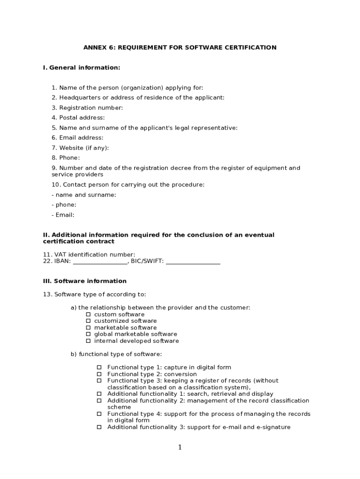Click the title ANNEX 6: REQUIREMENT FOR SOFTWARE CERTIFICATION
coord(180,48)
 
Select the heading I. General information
coord(81,68)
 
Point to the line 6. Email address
coord(78,138)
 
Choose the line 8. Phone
coord(66,158)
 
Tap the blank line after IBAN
coord(100,261)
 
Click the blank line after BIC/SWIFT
coord(193,261)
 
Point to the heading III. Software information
coord(85,281)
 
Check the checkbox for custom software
coord(88,315)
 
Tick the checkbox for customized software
coord(88,321)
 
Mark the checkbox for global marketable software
coord(88,334)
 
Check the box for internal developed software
coord(88,341)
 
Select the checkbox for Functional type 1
coord(99,368)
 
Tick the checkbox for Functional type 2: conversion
coord(99,374)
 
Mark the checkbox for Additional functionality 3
coord(99,427)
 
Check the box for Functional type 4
coord(99,414)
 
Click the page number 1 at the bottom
coord(180,448)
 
